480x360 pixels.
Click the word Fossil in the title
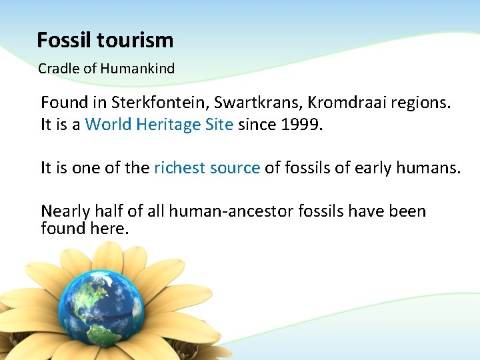[65, 41]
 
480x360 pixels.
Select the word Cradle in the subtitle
[56, 69]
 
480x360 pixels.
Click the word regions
[422, 103]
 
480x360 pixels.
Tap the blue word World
[109, 124]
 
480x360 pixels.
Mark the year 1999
[300, 124]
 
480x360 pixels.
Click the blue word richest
[178, 168]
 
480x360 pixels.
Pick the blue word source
[235, 169]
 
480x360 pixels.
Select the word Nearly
[65, 212]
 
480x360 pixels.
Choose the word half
[111, 211]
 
